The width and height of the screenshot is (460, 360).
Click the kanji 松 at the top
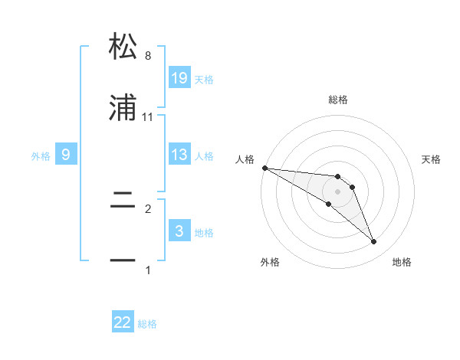click(x=123, y=47)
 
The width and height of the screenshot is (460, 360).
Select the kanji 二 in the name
click(x=123, y=201)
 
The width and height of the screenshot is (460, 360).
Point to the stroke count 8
click(x=147, y=56)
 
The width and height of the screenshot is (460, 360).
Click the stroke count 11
click(x=147, y=117)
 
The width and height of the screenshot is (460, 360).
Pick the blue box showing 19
click(x=179, y=78)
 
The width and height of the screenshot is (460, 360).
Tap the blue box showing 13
click(x=179, y=155)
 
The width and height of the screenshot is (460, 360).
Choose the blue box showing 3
click(x=179, y=231)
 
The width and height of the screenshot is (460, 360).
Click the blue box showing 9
click(x=66, y=155)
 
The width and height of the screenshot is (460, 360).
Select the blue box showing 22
click(x=123, y=322)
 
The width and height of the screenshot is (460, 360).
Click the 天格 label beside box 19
click(x=203, y=79)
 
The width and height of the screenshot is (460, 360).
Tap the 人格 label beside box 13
click(x=203, y=155)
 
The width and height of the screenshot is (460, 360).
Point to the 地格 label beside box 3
click(x=203, y=232)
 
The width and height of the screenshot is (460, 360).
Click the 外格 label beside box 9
click(x=41, y=155)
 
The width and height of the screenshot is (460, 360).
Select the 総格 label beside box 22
click(x=147, y=324)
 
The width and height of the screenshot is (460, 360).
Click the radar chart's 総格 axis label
click(x=337, y=100)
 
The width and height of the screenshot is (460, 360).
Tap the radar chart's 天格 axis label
click(x=432, y=159)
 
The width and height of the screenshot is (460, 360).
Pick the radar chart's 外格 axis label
click(x=270, y=262)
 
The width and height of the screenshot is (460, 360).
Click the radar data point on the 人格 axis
click(x=264, y=168)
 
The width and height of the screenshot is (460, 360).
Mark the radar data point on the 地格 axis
click(x=374, y=242)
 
